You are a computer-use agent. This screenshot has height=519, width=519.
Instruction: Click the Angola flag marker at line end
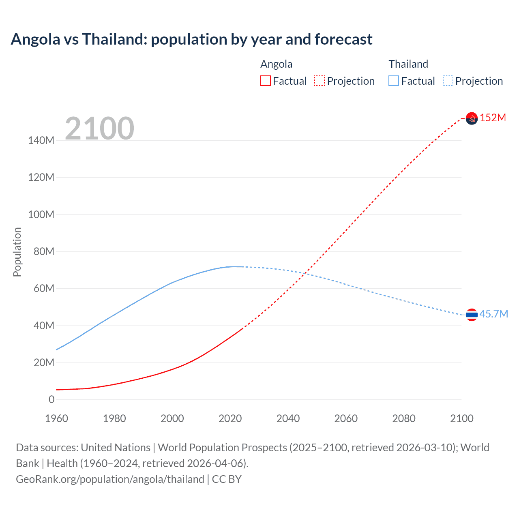click(472, 118)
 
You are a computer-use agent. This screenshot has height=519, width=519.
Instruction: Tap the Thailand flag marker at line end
click(472, 314)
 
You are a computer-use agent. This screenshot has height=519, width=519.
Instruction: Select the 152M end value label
click(493, 118)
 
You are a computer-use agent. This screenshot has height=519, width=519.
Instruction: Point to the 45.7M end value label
click(493, 314)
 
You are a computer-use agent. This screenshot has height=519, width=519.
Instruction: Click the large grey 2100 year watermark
click(99, 128)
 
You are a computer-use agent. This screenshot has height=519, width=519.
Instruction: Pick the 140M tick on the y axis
click(41, 140)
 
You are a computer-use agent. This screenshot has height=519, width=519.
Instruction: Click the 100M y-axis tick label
click(41, 214)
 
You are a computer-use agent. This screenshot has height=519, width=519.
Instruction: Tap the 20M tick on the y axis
click(43, 362)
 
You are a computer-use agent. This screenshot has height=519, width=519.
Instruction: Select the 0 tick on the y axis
click(51, 399)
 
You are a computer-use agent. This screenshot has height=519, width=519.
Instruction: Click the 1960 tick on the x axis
click(56, 418)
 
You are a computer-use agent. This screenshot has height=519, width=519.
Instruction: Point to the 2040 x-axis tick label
click(288, 418)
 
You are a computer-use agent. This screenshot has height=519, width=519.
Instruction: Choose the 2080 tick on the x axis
click(404, 418)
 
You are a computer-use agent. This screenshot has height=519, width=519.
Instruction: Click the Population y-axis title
click(17, 252)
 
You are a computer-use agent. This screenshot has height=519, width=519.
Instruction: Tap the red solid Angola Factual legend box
click(265, 81)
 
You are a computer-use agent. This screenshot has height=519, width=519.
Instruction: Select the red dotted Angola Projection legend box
click(320, 81)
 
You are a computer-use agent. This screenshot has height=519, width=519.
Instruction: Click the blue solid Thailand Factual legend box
click(394, 81)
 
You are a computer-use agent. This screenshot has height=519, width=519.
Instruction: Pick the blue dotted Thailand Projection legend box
click(448, 81)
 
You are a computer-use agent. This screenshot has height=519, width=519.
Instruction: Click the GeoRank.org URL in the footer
click(110, 479)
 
